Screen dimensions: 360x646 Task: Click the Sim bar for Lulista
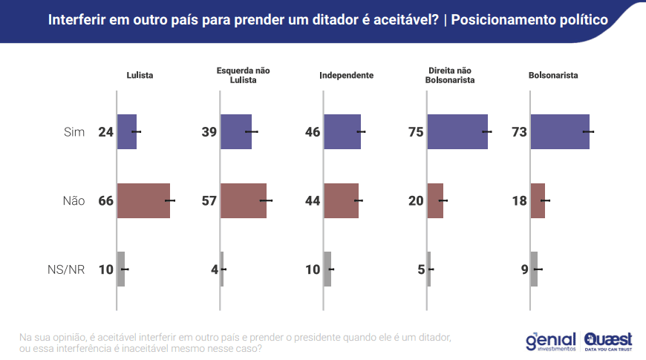[x=127, y=131]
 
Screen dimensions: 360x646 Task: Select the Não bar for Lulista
[x=143, y=200]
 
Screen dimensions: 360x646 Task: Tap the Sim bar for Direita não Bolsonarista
[x=457, y=131]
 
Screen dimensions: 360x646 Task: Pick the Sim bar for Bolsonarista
[x=560, y=131]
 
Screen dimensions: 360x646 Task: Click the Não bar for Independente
[x=342, y=200]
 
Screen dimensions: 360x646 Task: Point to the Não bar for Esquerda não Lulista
[x=244, y=200]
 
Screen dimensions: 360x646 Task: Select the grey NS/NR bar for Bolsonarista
[x=534, y=269]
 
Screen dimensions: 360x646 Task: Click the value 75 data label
[x=416, y=132]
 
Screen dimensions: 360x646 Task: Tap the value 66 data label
[x=105, y=201]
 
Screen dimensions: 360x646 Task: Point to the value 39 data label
[x=209, y=132]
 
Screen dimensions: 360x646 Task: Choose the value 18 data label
[x=519, y=201]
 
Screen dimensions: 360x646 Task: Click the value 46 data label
[x=312, y=132]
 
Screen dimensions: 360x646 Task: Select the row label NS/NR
[x=66, y=269]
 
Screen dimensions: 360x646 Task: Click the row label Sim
[x=74, y=132]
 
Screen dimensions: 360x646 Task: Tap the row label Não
[x=74, y=201]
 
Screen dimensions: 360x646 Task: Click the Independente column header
[x=346, y=75]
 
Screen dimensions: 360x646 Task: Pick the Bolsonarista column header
[x=553, y=75]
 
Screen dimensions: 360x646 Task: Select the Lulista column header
[x=140, y=75]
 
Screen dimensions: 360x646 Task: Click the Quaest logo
[x=608, y=340]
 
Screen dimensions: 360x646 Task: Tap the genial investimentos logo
[x=550, y=341]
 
